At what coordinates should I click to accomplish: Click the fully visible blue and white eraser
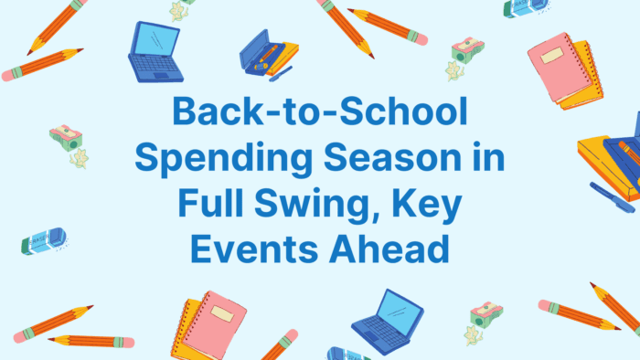click(43, 241)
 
